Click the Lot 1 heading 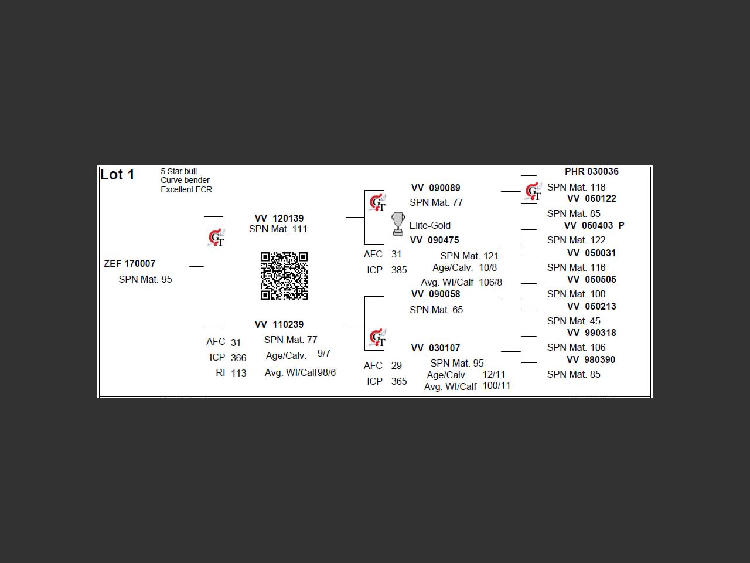[118, 175]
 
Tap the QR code [284, 276]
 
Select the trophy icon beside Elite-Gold [398, 225]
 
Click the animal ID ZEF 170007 [129, 264]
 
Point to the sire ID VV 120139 [279, 218]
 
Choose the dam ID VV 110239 [279, 324]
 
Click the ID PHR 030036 [591, 172]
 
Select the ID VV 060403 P [594, 226]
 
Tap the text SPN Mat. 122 [576, 240]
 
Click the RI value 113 [238, 373]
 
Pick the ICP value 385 [398, 270]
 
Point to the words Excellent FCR [186, 189]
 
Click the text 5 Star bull [179, 171]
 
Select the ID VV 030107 [435, 348]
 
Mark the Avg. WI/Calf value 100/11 [496, 386]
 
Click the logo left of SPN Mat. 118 [533, 191]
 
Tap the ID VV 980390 [591, 360]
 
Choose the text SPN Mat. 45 [573, 321]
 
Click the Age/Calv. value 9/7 [323, 354]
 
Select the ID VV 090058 [435, 294]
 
